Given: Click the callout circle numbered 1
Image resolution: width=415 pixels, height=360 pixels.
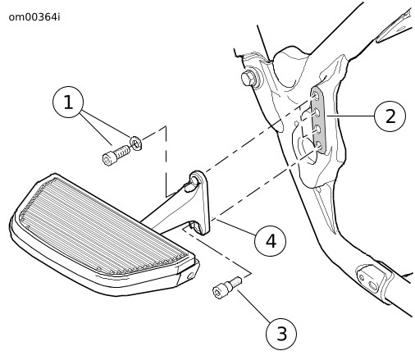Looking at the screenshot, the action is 68,102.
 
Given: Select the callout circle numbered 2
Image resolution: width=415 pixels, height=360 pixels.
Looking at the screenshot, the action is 390,115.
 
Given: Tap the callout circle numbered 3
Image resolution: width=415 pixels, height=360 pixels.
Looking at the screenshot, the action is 281,334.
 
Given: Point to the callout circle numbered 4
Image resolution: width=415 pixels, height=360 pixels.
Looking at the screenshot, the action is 270,240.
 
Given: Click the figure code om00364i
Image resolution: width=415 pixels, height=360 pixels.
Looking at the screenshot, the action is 34,17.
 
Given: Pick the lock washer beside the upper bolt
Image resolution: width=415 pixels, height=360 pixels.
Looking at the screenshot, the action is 136,143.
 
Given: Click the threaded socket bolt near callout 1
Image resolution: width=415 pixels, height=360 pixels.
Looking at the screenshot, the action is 116,155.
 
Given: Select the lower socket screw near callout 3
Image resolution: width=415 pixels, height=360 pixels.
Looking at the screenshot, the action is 227,288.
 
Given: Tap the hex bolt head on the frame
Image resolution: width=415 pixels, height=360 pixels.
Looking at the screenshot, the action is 249,78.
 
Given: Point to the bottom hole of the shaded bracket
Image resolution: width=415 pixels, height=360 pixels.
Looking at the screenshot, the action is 318,147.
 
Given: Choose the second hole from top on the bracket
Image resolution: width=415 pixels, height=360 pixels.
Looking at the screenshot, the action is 317,112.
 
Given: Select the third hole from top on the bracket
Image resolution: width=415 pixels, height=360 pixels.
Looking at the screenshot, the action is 317,129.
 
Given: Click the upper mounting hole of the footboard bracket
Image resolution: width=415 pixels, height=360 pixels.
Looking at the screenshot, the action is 194,180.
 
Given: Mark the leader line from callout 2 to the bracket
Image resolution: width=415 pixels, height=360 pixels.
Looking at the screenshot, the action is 350,116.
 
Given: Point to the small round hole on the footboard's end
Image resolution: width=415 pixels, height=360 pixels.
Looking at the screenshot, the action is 190,276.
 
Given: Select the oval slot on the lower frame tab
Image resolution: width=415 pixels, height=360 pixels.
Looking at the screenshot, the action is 373,285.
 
